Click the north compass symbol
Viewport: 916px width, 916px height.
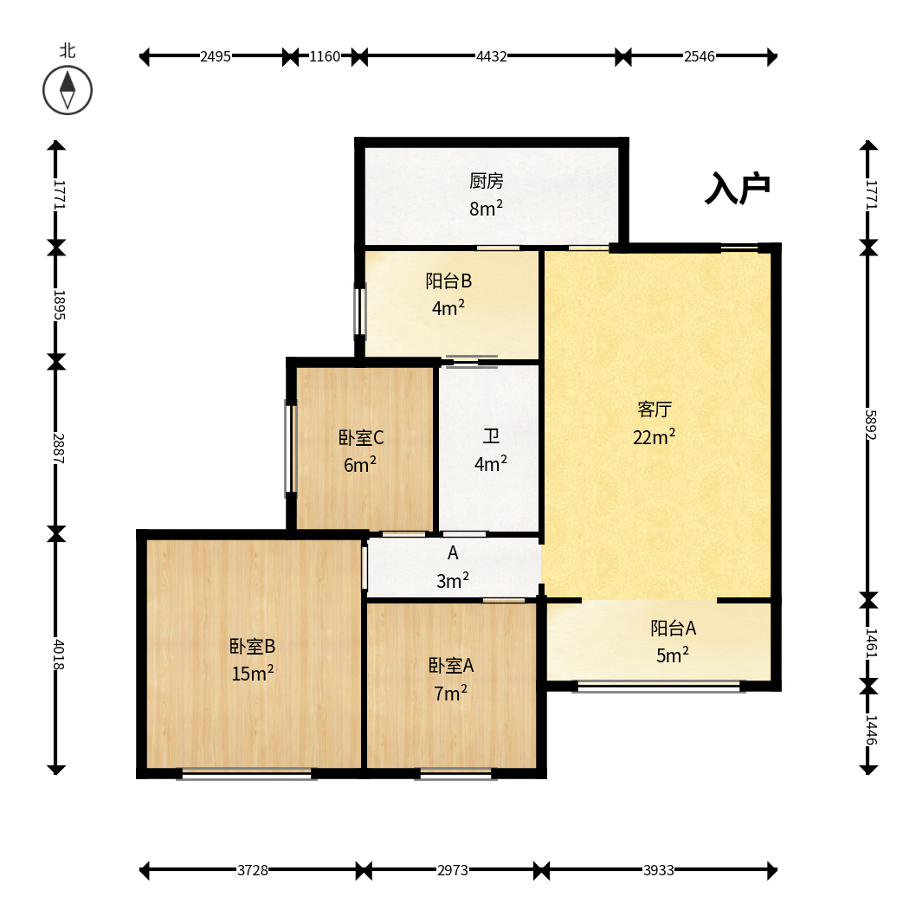pos(68,90)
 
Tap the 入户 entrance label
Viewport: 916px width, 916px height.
pos(738,188)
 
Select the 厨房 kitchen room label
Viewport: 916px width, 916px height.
pos(486,181)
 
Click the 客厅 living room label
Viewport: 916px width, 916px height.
pos(655,410)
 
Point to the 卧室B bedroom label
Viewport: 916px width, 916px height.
pos(252,647)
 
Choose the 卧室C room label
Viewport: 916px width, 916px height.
pos(361,437)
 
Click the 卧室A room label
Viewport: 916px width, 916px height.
pos(451,666)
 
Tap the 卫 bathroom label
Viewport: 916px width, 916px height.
pos(491,436)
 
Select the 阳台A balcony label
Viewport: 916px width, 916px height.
pos(673,628)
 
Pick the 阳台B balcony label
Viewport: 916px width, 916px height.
pos(448,281)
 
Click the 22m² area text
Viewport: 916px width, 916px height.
pos(655,437)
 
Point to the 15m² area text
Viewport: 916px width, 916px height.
pos(252,674)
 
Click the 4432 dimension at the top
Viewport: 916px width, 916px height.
pos(491,56)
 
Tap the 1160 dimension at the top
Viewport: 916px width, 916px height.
pos(325,56)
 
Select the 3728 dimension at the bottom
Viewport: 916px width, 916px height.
pos(252,870)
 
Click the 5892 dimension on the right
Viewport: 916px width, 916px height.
pos(870,425)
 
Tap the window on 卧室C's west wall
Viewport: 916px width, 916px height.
pos(290,447)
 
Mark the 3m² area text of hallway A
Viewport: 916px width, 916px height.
pos(453,581)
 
